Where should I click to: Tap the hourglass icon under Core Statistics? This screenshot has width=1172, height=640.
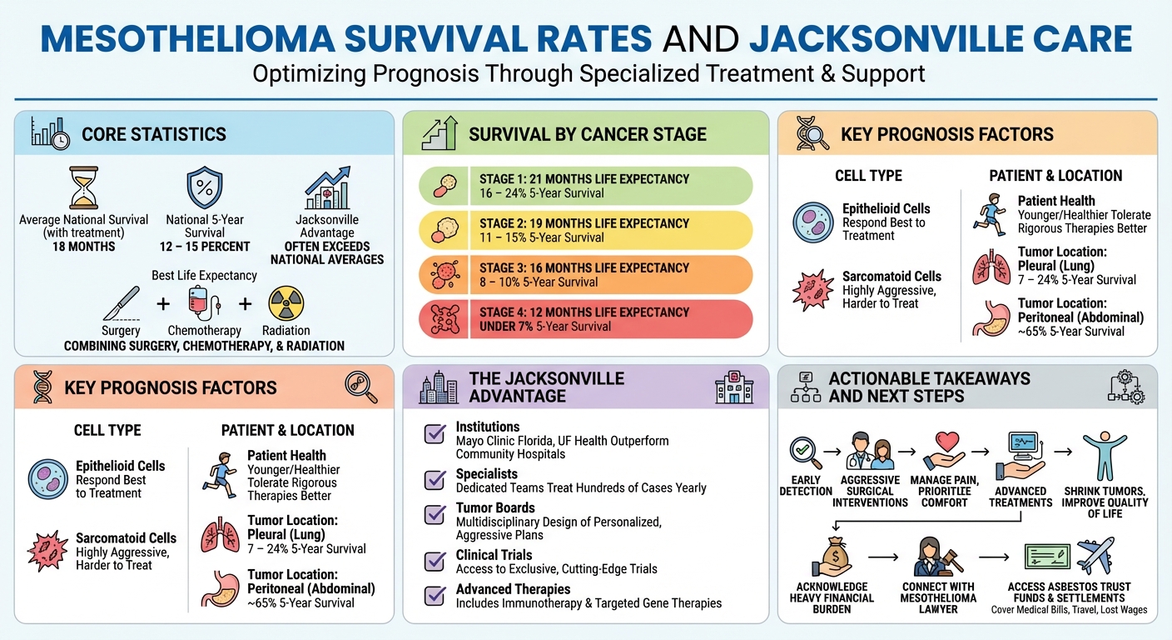(x=83, y=188)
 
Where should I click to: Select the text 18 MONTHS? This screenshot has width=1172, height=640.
(x=83, y=247)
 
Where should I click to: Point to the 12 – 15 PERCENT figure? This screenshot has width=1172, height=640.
(x=205, y=247)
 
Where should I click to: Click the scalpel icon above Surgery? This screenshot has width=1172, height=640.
(x=121, y=303)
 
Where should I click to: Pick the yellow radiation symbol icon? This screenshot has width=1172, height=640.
(x=286, y=303)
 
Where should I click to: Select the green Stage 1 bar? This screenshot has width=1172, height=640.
(x=585, y=186)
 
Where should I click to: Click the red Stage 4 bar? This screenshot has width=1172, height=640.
(x=585, y=319)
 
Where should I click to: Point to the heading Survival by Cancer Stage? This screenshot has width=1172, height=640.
(x=587, y=134)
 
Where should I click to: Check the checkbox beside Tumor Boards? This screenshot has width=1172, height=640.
(x=435, y=514)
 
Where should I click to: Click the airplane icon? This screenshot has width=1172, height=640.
(x=1096, y=556)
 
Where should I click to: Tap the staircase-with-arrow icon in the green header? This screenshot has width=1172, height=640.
(x=439, y=133)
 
